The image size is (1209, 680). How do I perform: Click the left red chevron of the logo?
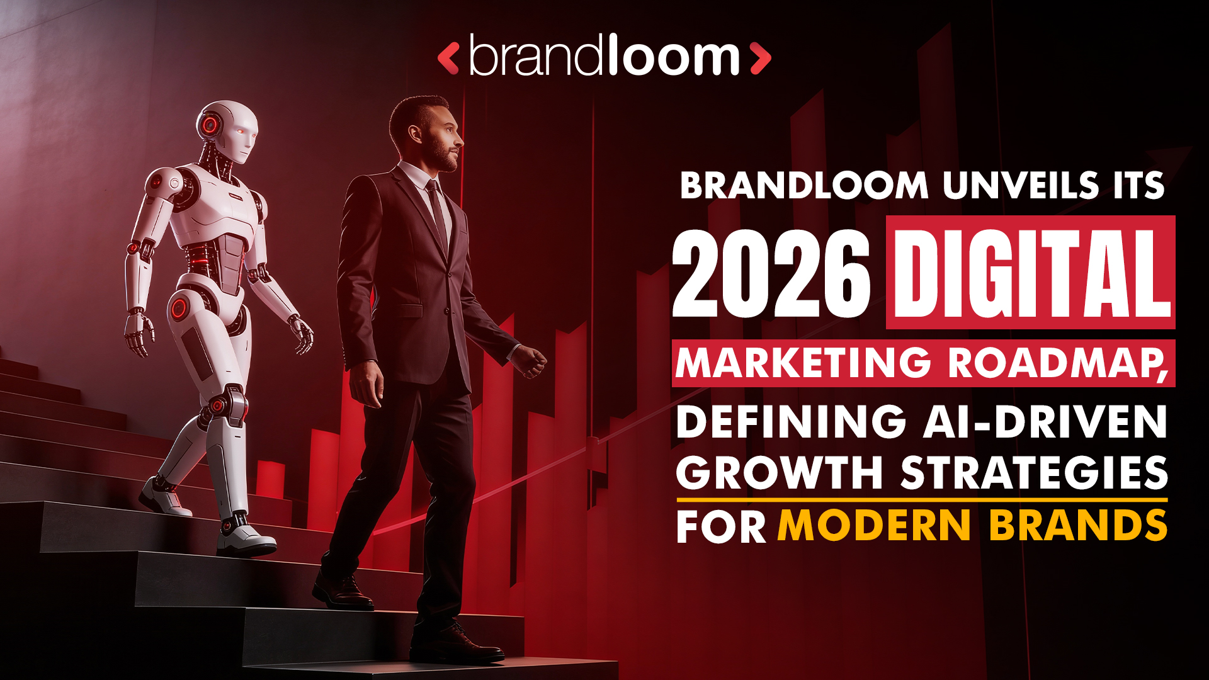[x=448, y=59]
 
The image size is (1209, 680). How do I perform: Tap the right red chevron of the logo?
[x=761, y=59]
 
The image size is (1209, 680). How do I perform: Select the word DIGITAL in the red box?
[x=1031, y=273]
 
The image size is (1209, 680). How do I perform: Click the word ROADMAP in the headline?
[x=1058, y=363]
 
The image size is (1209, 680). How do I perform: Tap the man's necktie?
[x=437, y=211]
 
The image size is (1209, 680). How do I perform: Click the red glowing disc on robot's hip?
[x=179, y=309]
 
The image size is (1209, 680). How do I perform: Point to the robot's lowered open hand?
[x=138, y=334]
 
